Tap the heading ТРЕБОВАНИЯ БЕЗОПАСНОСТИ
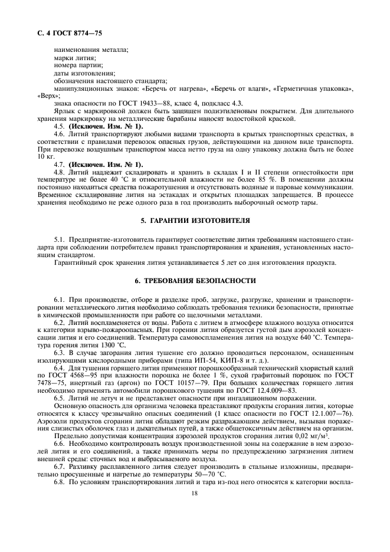point(194,281)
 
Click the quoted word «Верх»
point(46,95)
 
